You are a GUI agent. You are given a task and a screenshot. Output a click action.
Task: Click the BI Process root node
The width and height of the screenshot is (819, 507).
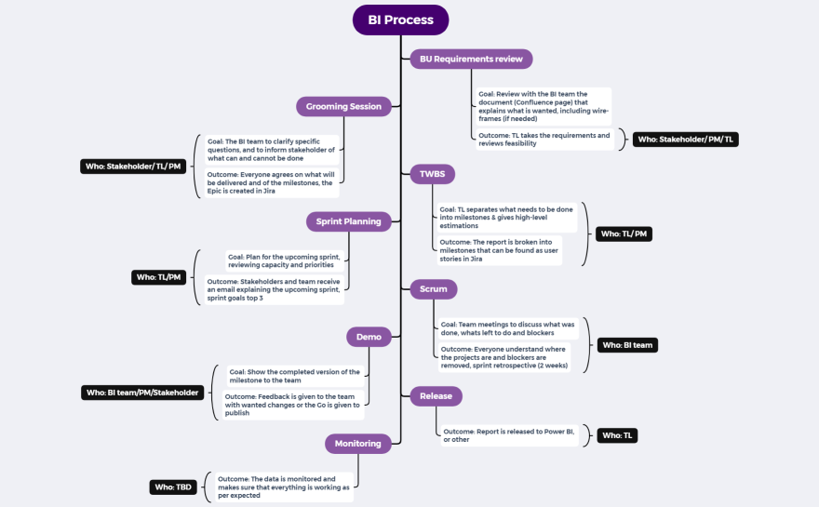tap(400, 20)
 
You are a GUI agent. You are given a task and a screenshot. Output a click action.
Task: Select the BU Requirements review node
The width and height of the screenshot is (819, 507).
tap(471, 59)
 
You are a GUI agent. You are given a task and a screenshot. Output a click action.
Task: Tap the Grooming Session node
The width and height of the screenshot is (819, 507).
tap(343, 106)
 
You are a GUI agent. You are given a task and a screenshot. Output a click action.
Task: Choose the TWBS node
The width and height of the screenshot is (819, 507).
tap(432, 173)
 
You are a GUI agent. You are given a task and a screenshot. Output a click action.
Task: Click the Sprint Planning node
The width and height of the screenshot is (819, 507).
tap(348, 221)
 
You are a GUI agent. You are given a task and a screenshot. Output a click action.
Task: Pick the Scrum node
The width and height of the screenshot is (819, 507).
tap(433, 288)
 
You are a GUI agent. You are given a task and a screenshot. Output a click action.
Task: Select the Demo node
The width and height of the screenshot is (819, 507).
tap(369, 337)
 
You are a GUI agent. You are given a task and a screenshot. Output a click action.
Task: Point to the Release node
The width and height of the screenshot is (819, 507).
tap(436, 396)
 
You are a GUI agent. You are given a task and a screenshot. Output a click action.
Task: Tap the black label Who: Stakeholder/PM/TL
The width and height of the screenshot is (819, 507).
tap(685, 140)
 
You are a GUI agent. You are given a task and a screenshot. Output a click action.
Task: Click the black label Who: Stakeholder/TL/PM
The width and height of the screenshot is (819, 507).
tap(131, 167)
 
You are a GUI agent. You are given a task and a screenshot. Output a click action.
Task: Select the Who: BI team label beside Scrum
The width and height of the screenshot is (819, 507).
tap(628, 345)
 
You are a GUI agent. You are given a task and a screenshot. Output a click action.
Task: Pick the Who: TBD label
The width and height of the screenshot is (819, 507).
tap(173, 487)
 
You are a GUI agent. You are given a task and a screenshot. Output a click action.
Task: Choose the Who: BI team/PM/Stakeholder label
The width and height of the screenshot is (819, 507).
tap(142, 393)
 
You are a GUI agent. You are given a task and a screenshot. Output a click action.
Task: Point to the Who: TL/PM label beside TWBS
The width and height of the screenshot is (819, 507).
tap(624, 234)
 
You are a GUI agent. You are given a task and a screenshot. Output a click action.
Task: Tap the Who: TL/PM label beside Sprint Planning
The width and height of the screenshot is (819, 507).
tap(158, 276)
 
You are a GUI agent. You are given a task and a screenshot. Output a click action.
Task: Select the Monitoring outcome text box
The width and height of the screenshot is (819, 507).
tap(283, 487)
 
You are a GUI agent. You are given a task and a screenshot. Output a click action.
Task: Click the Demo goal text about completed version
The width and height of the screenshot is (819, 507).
tap(295, 376)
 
